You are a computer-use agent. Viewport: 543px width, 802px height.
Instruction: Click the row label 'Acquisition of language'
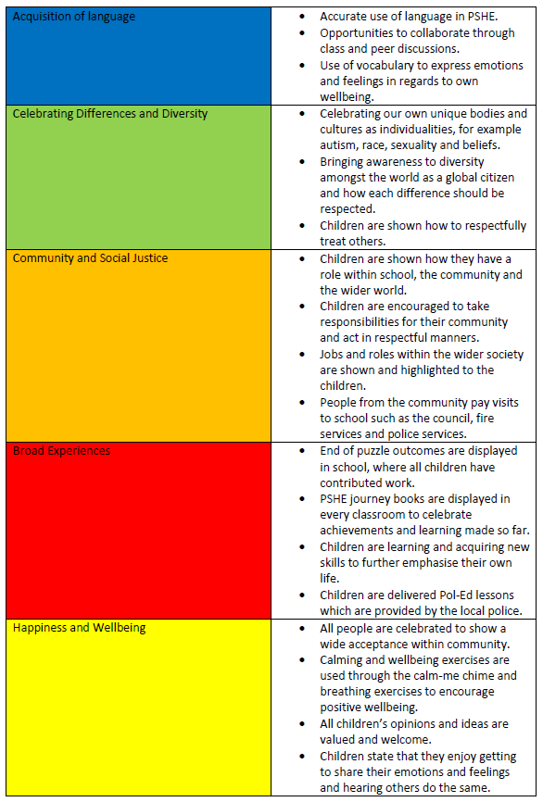[x=74, y=17]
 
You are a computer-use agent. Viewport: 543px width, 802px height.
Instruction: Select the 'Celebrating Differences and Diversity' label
[x=110, y=114]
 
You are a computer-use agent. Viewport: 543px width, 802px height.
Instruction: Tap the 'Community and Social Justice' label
[x=90, y=258]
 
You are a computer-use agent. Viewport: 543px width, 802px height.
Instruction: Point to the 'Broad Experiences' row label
[x=61, y=451]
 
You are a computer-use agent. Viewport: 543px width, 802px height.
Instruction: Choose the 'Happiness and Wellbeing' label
[x=80, y=628]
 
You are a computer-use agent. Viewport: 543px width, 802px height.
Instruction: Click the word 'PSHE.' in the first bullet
[x=483, y=17]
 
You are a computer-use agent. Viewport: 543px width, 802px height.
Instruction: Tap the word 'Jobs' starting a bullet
[x=331, y=355]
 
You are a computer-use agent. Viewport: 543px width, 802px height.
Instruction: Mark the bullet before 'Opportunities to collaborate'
[x=302, y=33]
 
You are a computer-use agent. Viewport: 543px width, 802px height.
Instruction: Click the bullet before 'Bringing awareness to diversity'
[x=302, y=162]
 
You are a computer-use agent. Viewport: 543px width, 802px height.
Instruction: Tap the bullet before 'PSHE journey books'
[x=302, y=499]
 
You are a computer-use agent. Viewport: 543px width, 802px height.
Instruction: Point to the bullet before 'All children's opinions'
[x=302, y=724]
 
